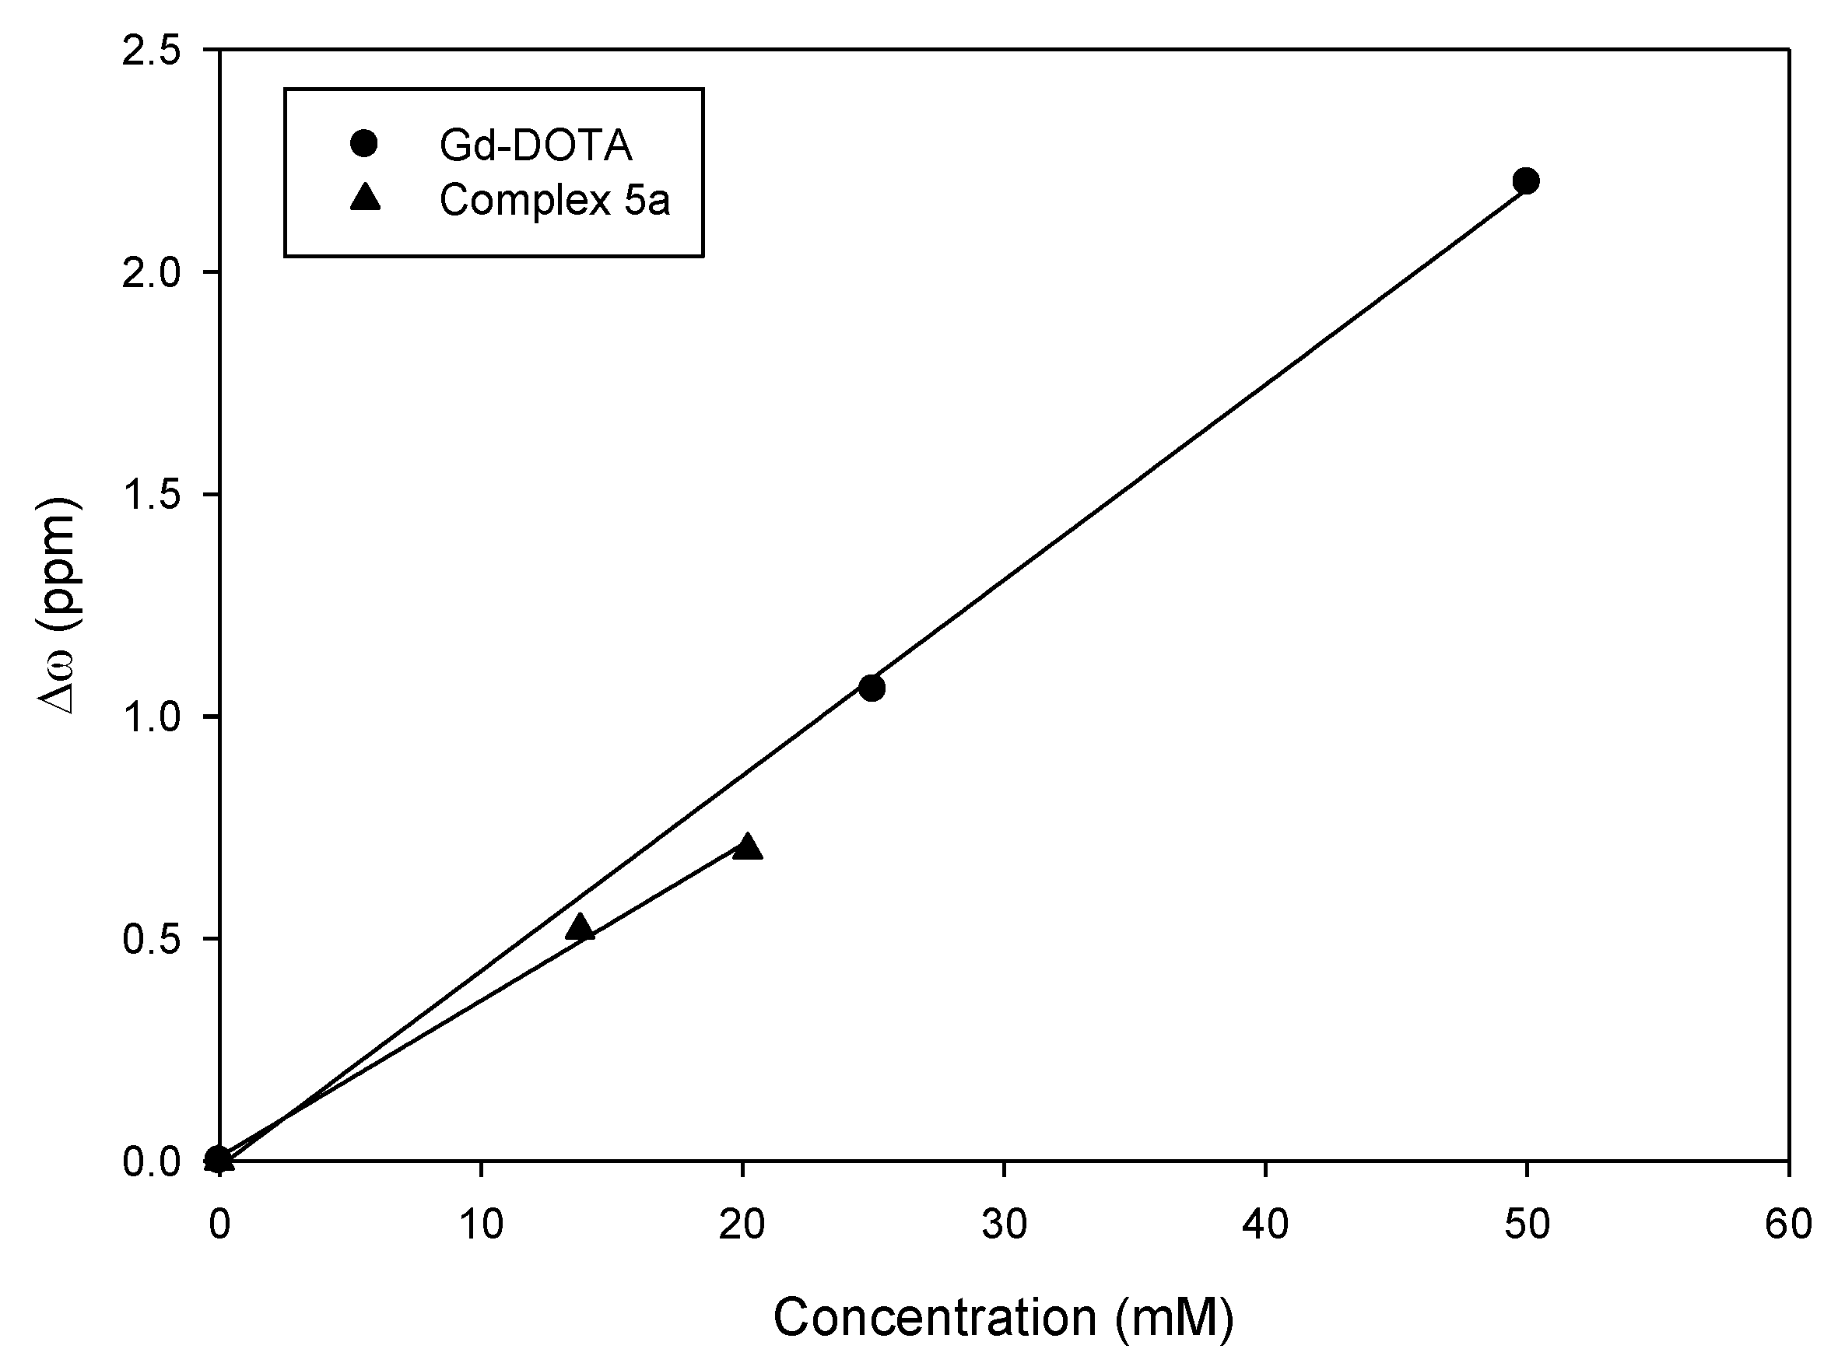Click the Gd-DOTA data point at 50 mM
1525,180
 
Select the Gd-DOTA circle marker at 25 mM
871,688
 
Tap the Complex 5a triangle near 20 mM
748,847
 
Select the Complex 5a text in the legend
554,200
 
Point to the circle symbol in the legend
364,143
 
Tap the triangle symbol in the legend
364,198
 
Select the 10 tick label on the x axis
481,1225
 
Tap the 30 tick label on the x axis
1004,1225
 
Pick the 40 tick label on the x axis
1265,1225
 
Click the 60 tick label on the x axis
1787,1225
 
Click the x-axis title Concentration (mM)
1003,1317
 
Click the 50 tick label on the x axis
1526,1225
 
